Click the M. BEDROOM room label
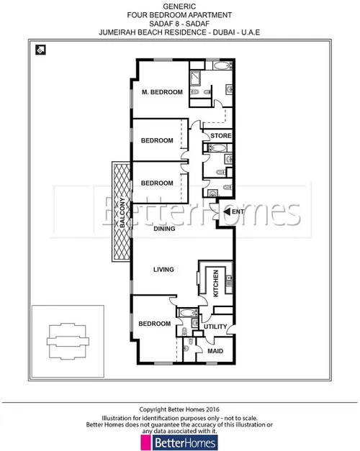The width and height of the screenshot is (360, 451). [x=162, y=92]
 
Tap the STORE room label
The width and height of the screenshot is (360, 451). [x=220, y=136]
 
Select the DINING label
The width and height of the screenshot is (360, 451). [x=164, y=229]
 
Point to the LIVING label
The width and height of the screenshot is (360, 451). [x=163, y=270]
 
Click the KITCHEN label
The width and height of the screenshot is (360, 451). [x=216, y=283]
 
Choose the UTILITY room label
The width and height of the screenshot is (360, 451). [x=215, y=327]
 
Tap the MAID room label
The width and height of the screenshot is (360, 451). [x=215, y=351]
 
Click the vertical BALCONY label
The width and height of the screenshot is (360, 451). [x=122, y=213]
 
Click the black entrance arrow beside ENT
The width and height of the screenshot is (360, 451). [x=227, y=212]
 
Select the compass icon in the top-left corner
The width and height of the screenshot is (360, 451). [x=40, y=50]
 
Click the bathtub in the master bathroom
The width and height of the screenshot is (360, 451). [x=222, y=65]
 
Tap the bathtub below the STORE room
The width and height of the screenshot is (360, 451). [x=217, y=148]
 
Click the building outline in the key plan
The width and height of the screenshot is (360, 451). [x=68, y=342]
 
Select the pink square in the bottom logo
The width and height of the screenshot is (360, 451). [x=145, y=442]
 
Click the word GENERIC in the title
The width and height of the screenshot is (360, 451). [x=179, y=6]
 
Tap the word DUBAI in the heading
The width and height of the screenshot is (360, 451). [x=223, y=32]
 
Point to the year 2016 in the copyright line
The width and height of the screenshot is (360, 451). [x=212, y=409]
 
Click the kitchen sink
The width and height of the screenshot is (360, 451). [x=229, y=281]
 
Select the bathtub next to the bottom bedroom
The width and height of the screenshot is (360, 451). [x=187, y=313]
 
